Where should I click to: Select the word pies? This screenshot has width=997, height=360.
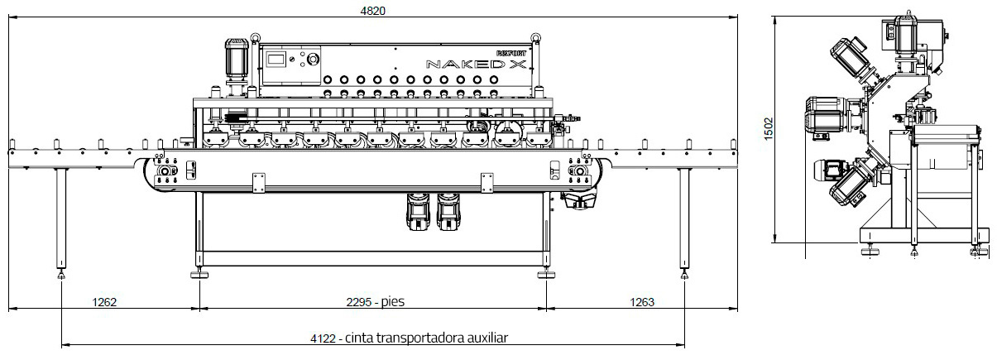393,302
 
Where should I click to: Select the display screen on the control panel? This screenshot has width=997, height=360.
279,60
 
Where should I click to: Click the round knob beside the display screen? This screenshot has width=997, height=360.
313,60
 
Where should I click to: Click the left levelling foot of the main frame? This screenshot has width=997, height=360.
199,272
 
